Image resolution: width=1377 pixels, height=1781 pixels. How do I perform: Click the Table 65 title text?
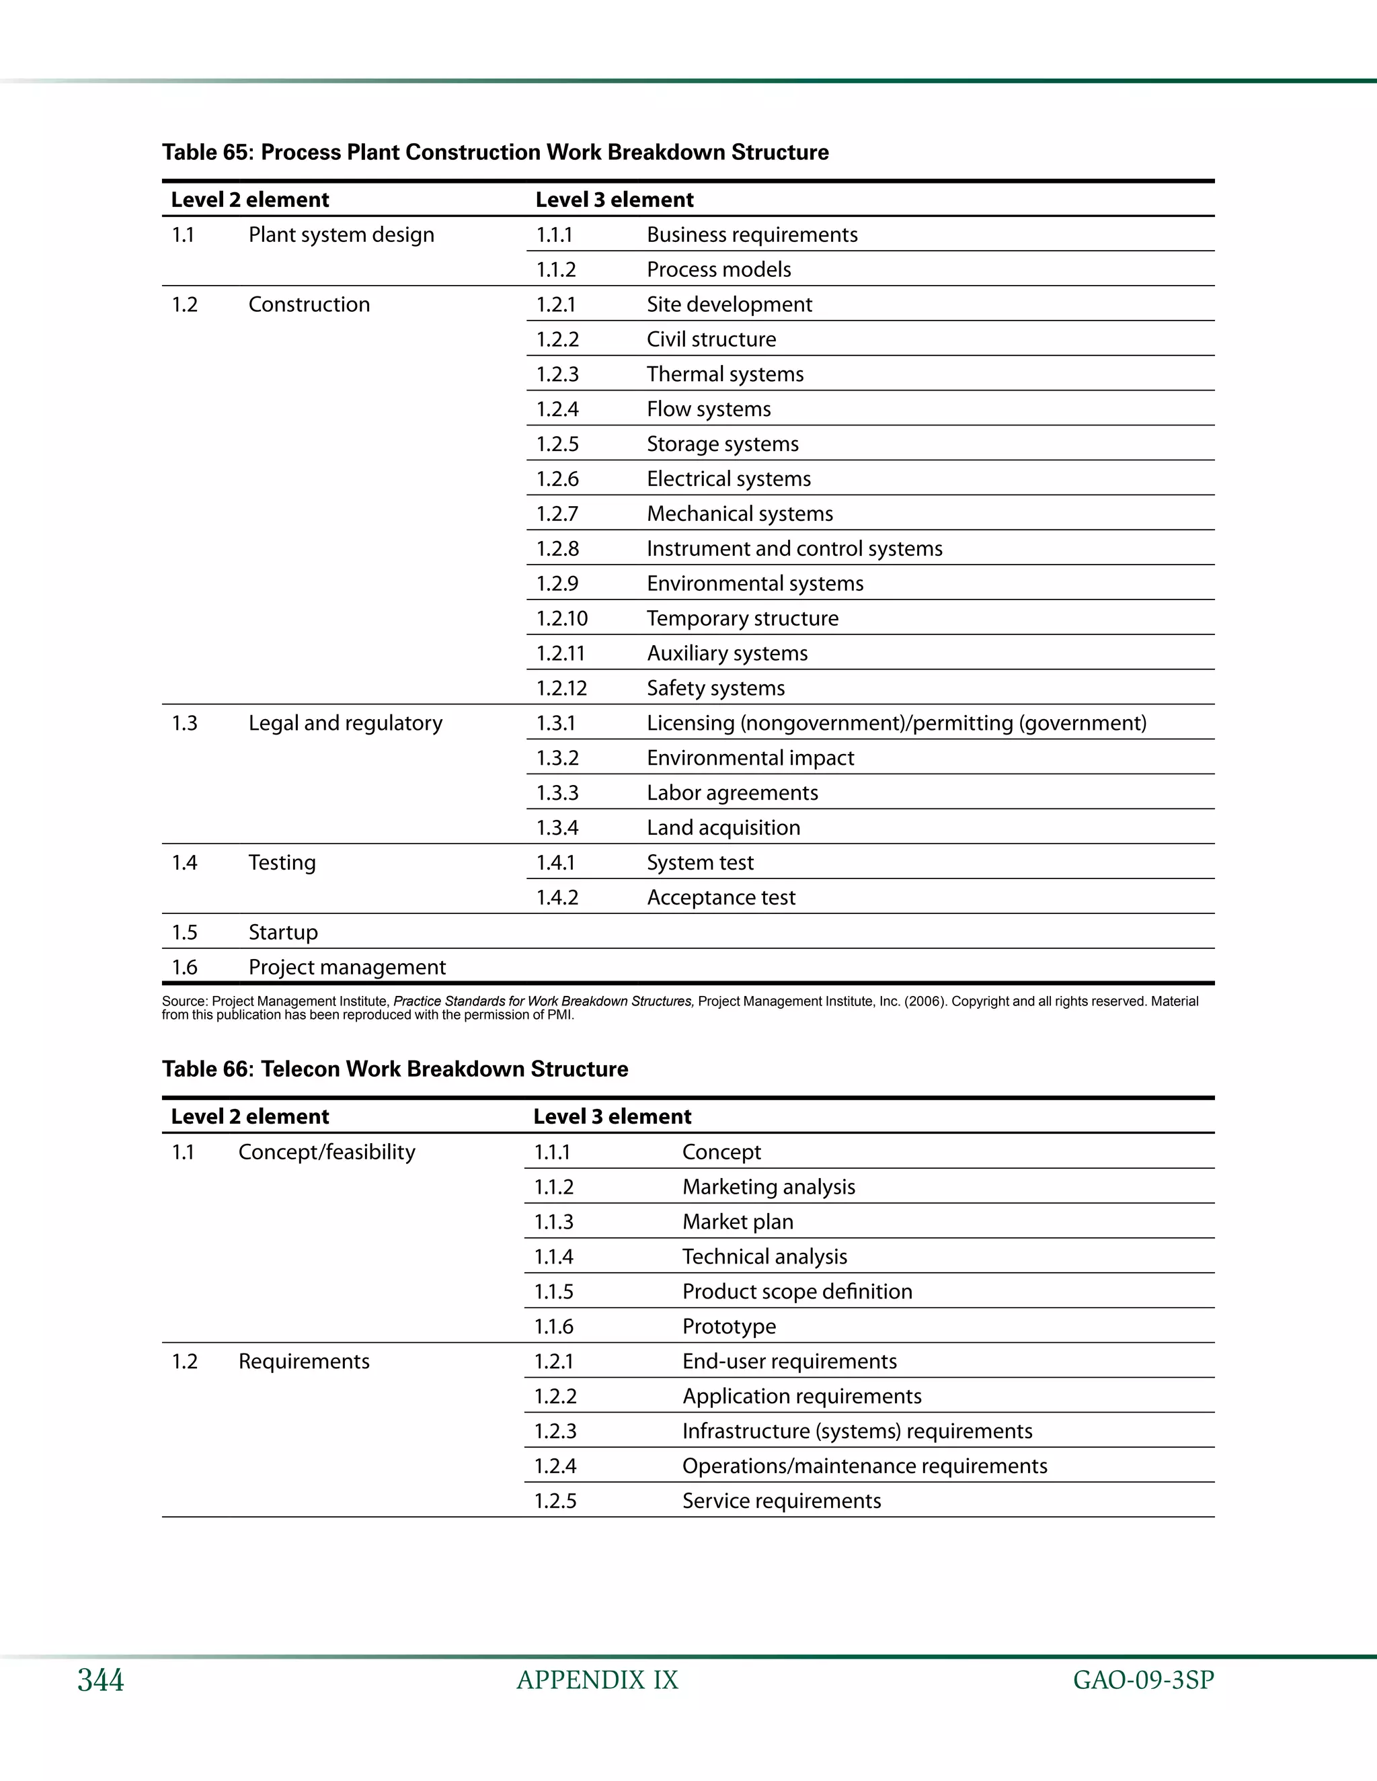pos(495,153)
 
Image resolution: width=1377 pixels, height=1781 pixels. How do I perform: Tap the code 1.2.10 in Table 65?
pos(561,619)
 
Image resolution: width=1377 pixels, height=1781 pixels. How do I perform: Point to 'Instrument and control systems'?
pos(794,549)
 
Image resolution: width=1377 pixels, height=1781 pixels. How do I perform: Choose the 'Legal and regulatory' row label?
pos(345,723)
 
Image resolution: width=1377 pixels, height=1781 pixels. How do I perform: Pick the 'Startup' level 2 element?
pos(283,933)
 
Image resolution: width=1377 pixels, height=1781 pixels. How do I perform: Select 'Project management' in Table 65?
pos(347,968)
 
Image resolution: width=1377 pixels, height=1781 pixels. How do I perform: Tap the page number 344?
pos(100,1681)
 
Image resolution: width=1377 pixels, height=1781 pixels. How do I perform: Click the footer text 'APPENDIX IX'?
pos(597,1681)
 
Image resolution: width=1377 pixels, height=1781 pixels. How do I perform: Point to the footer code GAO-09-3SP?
pos(1143,1681)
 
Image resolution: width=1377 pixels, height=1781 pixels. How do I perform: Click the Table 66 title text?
pos(395,1069)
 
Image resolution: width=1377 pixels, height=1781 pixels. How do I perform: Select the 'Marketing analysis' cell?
pos(769,1188)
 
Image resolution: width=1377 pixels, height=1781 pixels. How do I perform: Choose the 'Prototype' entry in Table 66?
pos(728,1327)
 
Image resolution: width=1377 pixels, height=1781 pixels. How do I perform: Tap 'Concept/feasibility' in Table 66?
pos(326,1152)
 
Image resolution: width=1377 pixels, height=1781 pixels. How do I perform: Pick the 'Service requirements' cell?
pos(781,1501)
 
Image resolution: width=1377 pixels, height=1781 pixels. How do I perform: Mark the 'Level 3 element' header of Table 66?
pos(612,1116)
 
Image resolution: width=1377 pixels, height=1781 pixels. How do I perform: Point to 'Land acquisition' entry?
pos(723,828)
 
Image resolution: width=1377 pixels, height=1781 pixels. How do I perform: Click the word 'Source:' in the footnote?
pos(184,1001)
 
